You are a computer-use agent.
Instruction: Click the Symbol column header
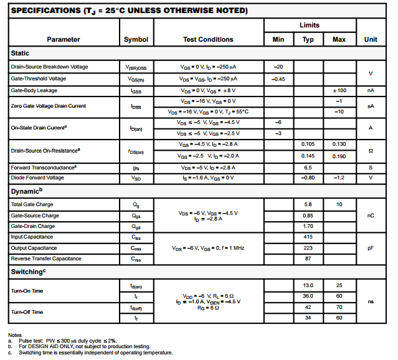pos(136,39)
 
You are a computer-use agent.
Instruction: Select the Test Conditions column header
pos(208,39)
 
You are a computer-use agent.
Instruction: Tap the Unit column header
pos(371,39)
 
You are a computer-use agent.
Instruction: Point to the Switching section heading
pos(27,272)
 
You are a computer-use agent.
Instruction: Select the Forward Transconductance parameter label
pos(44,167)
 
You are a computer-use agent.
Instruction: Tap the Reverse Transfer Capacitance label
pos(46,258)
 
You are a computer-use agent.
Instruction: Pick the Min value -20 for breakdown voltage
pos(278,67)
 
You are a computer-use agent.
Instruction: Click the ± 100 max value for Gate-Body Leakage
pos(339,90)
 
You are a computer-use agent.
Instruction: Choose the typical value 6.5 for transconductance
pos(308,167)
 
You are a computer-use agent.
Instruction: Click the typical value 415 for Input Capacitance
pos(308,237)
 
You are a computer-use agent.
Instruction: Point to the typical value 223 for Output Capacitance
pos(308,248)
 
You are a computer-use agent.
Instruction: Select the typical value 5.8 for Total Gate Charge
pos(308,204)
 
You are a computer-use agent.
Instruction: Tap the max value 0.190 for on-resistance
pos(339,155)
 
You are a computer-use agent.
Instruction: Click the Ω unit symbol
pos(371,150)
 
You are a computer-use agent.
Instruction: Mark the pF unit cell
pos(371,248)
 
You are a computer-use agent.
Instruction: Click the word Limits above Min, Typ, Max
pos(309,26)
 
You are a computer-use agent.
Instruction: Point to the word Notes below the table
pos(15,335)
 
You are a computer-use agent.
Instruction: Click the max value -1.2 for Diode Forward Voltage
pos(339,178)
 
